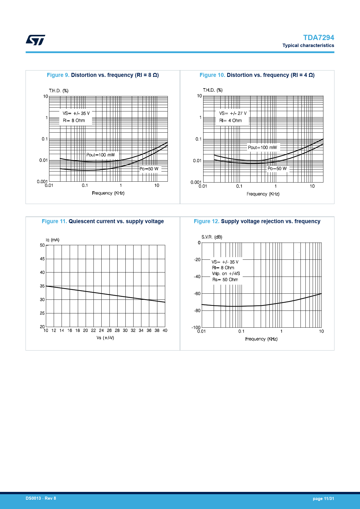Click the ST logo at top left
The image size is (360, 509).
[35, 40]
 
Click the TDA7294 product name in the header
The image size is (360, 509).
[318, 38]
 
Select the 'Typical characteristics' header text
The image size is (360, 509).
[308, 46]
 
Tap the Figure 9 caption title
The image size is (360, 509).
[103, 75]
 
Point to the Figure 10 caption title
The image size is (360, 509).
[257, 75]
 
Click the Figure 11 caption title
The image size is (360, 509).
[103, 221]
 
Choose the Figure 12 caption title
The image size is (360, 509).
[257, 221]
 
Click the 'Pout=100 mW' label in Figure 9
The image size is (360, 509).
[100, 155]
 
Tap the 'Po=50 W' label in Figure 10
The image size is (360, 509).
[277, 169]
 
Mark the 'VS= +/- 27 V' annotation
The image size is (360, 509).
[233, 113]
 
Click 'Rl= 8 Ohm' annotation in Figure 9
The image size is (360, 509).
[74, 121]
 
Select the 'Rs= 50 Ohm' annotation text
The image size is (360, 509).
[225, 280]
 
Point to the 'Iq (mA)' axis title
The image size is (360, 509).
[53, 240]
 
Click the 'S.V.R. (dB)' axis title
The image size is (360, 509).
[212, 237]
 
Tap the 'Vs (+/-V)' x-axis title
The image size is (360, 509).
[105, 338]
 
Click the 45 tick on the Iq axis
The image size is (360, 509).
[42, 259]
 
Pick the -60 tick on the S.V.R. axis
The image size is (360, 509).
[197, 294]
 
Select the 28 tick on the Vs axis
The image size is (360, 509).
[117, 331]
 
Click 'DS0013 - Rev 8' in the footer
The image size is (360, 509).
[41, 498]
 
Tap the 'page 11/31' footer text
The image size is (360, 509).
[323, 499]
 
